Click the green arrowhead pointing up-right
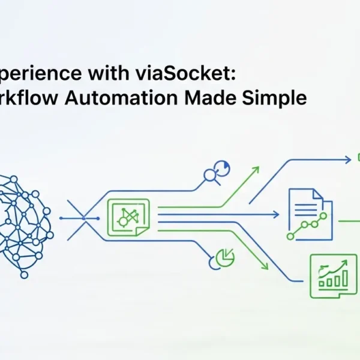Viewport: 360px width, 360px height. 255,170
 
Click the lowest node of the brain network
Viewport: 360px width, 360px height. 24,275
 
